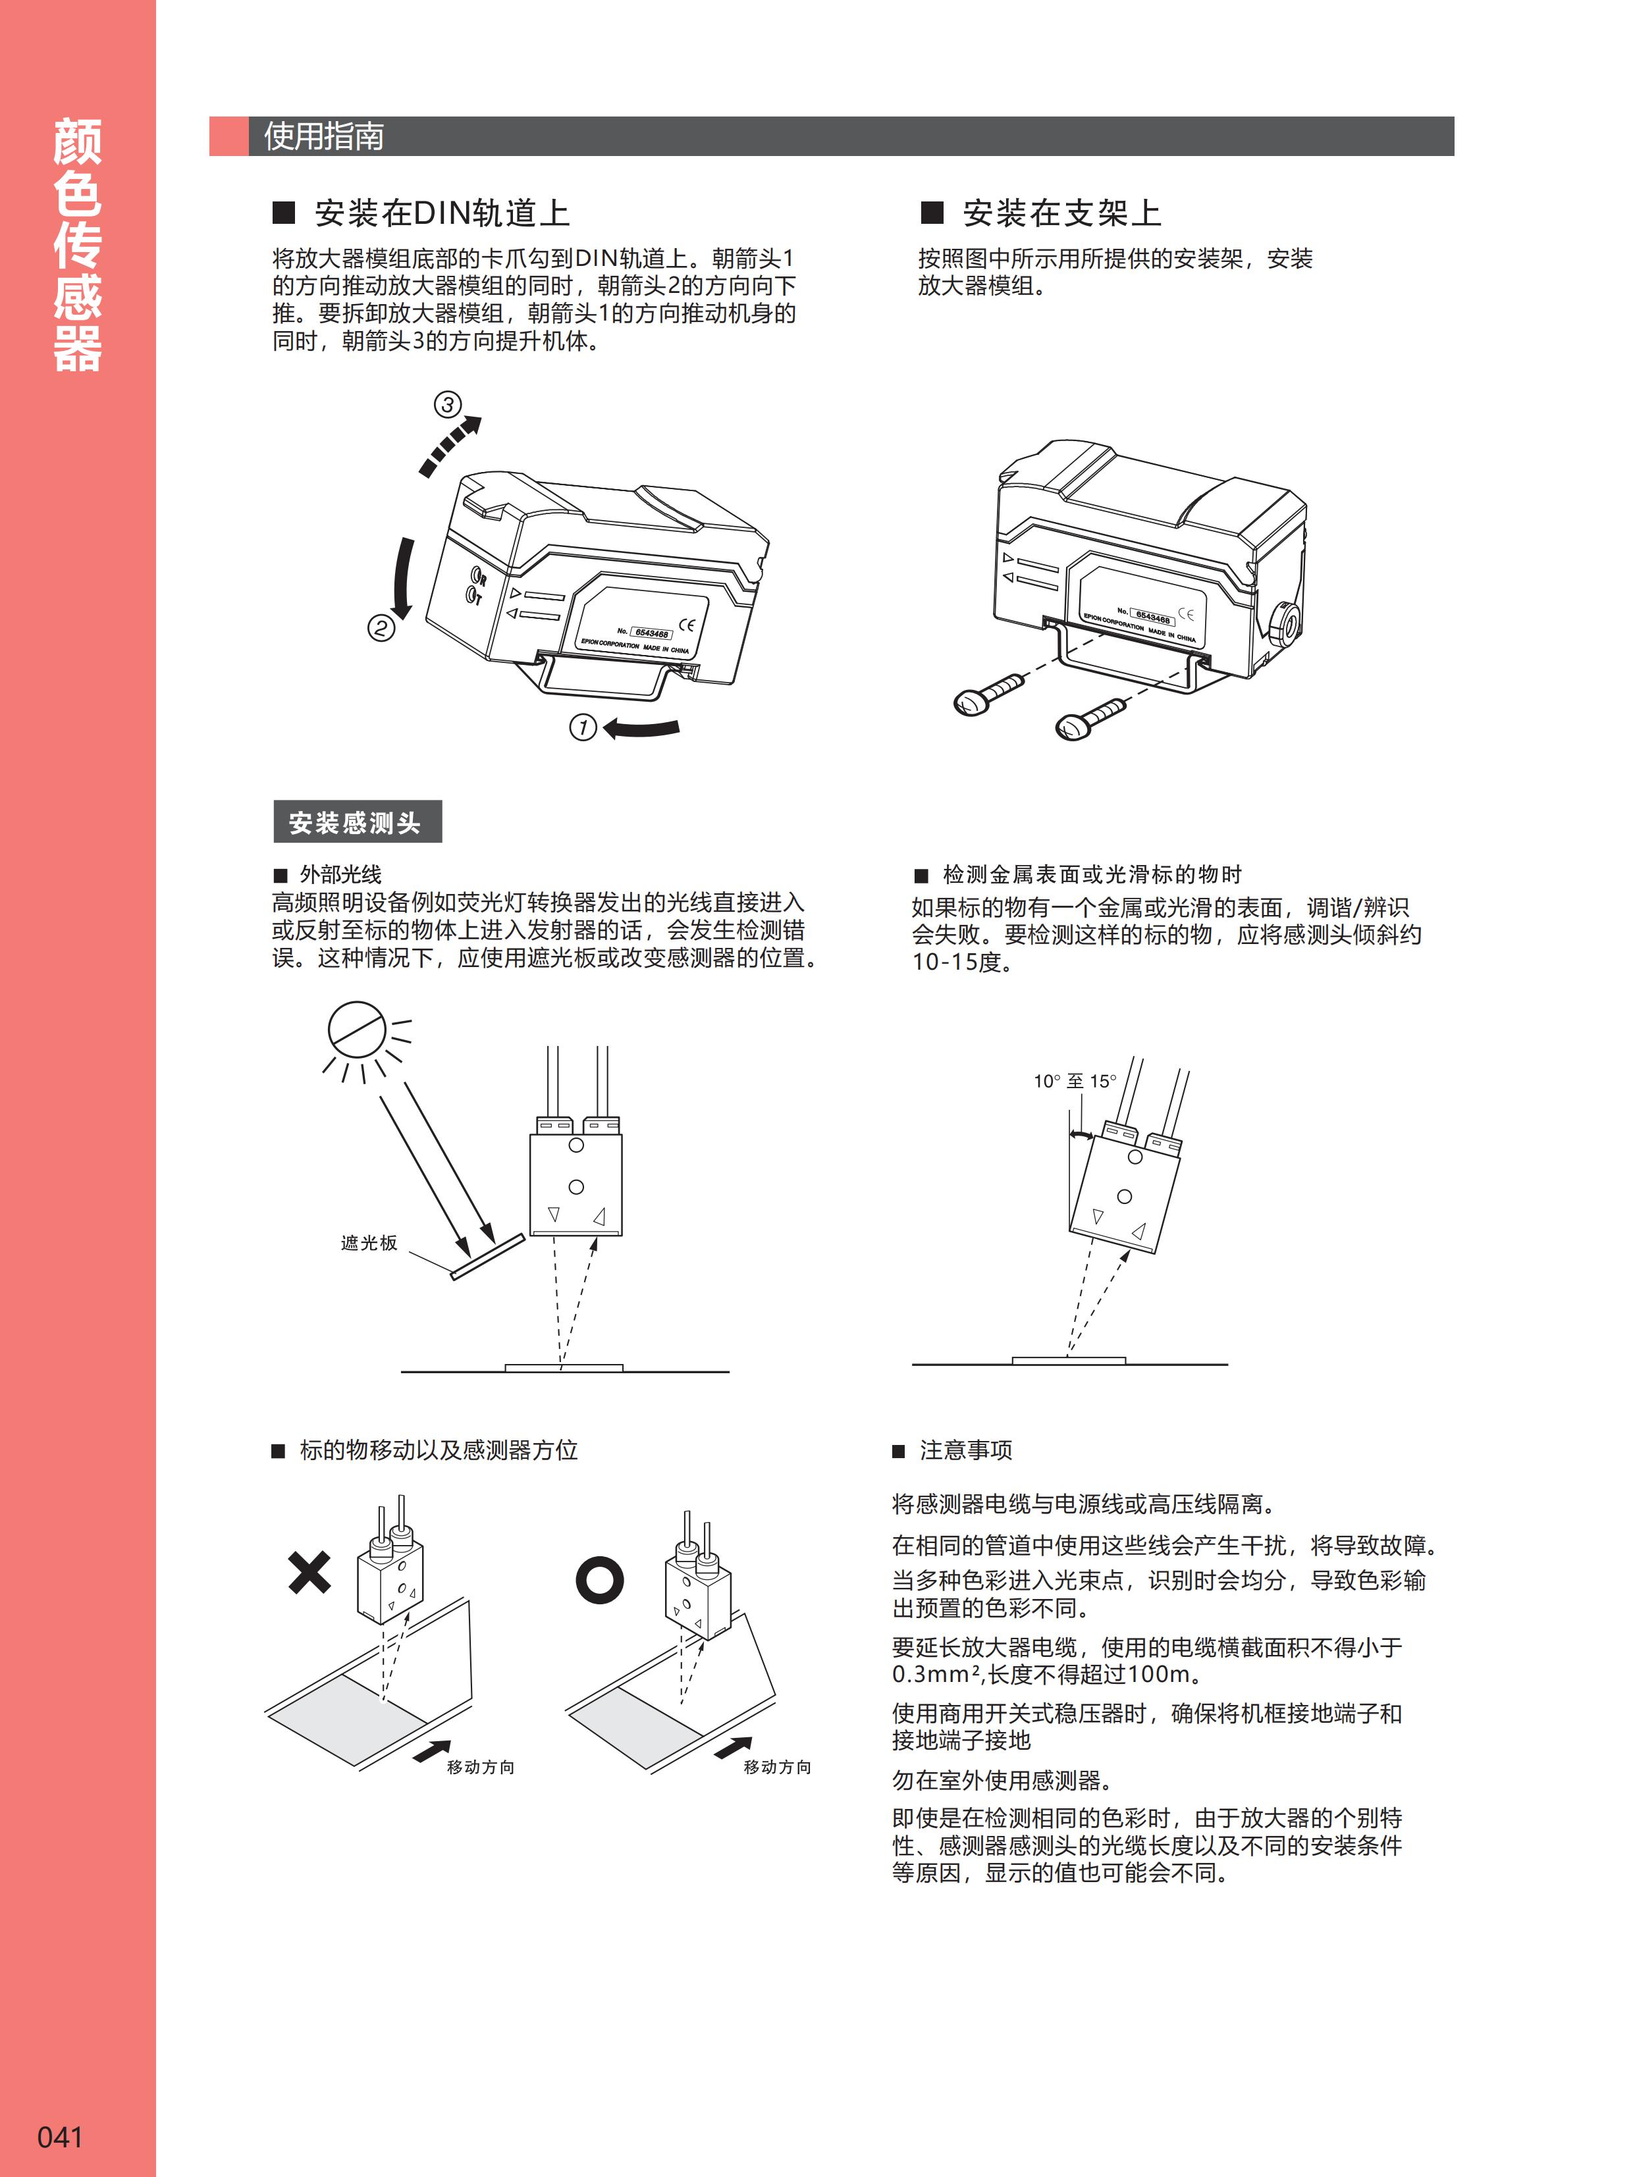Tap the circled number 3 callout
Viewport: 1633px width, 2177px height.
pyautogui.click(x=448, y=404)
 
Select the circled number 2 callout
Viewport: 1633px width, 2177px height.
pyautogui.click(x=381, y=628)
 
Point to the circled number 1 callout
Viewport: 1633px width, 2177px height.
pyautogui.click(x=583, y=727)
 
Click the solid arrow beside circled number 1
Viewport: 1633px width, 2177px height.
pyautogui.click(x=642, y=728)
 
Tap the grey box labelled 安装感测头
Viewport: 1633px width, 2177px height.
pyautogui.click(x=356, y=822)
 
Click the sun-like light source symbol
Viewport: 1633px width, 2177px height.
pyautogui.click(x=356, y=1030)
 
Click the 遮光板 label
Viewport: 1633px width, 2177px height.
pyautogui.click(x=369, y=1243)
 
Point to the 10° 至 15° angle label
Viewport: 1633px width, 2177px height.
pyautogui.click(x=1075, y=1081)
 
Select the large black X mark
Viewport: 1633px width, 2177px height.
pyautogui.click(x=309, y=1572)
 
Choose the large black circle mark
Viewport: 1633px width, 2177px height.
pyautogui.click(x=599, y=1581)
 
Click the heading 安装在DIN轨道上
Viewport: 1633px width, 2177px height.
pyautogui.click(x=441, y=213)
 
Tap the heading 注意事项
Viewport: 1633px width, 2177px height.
pyautogui.click(x=965, y=1450)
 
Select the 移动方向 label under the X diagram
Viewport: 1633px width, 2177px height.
pyautogui.click(x=480, y=1767)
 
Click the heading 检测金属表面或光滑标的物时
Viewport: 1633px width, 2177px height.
pyautogui.click(x=1092, y=874)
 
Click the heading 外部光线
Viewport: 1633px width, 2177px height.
pyautogui.click(x=340, y=874)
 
